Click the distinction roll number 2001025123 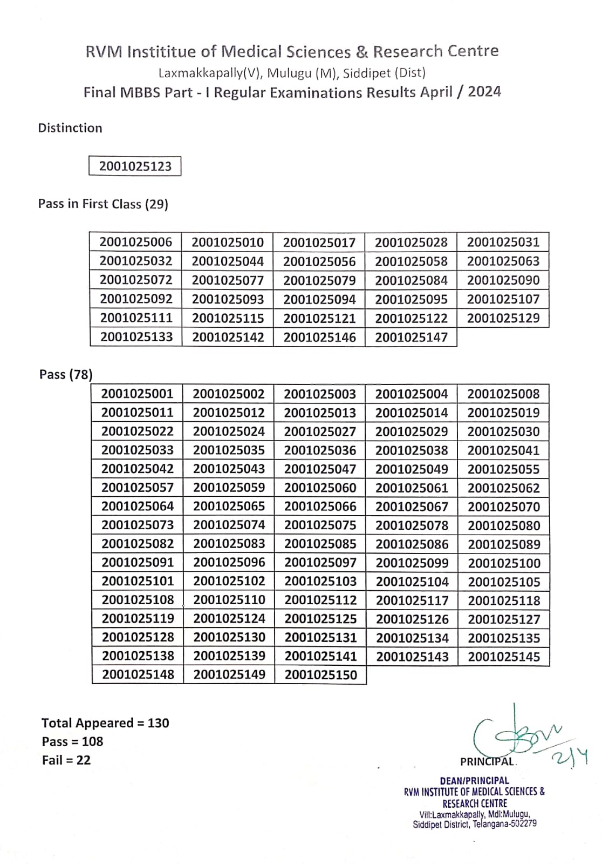click(x=135, y=166)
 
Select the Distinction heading click(x=70, y=128)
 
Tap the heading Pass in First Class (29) click(x=103, y=204)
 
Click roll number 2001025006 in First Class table click(x=136, y=242)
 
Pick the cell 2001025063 click(x=503, y=261)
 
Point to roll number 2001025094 click(x=319, y=299)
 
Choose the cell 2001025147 click(x=411, y=337)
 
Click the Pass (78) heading click(x=66, y=374)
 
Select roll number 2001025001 click(x=137, y=394)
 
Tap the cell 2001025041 click(x=503, y=450)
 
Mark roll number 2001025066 click(x=320, y=507)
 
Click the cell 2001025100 click(x=504, y=563)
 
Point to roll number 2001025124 click(x=229, y=619)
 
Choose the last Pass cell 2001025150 click(x=320, y=675)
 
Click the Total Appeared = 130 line click(x=105, y=723)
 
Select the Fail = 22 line click(x=66, y=760)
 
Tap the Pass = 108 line click(x=72, y=742)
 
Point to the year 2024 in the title click(x=484, y=92)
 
